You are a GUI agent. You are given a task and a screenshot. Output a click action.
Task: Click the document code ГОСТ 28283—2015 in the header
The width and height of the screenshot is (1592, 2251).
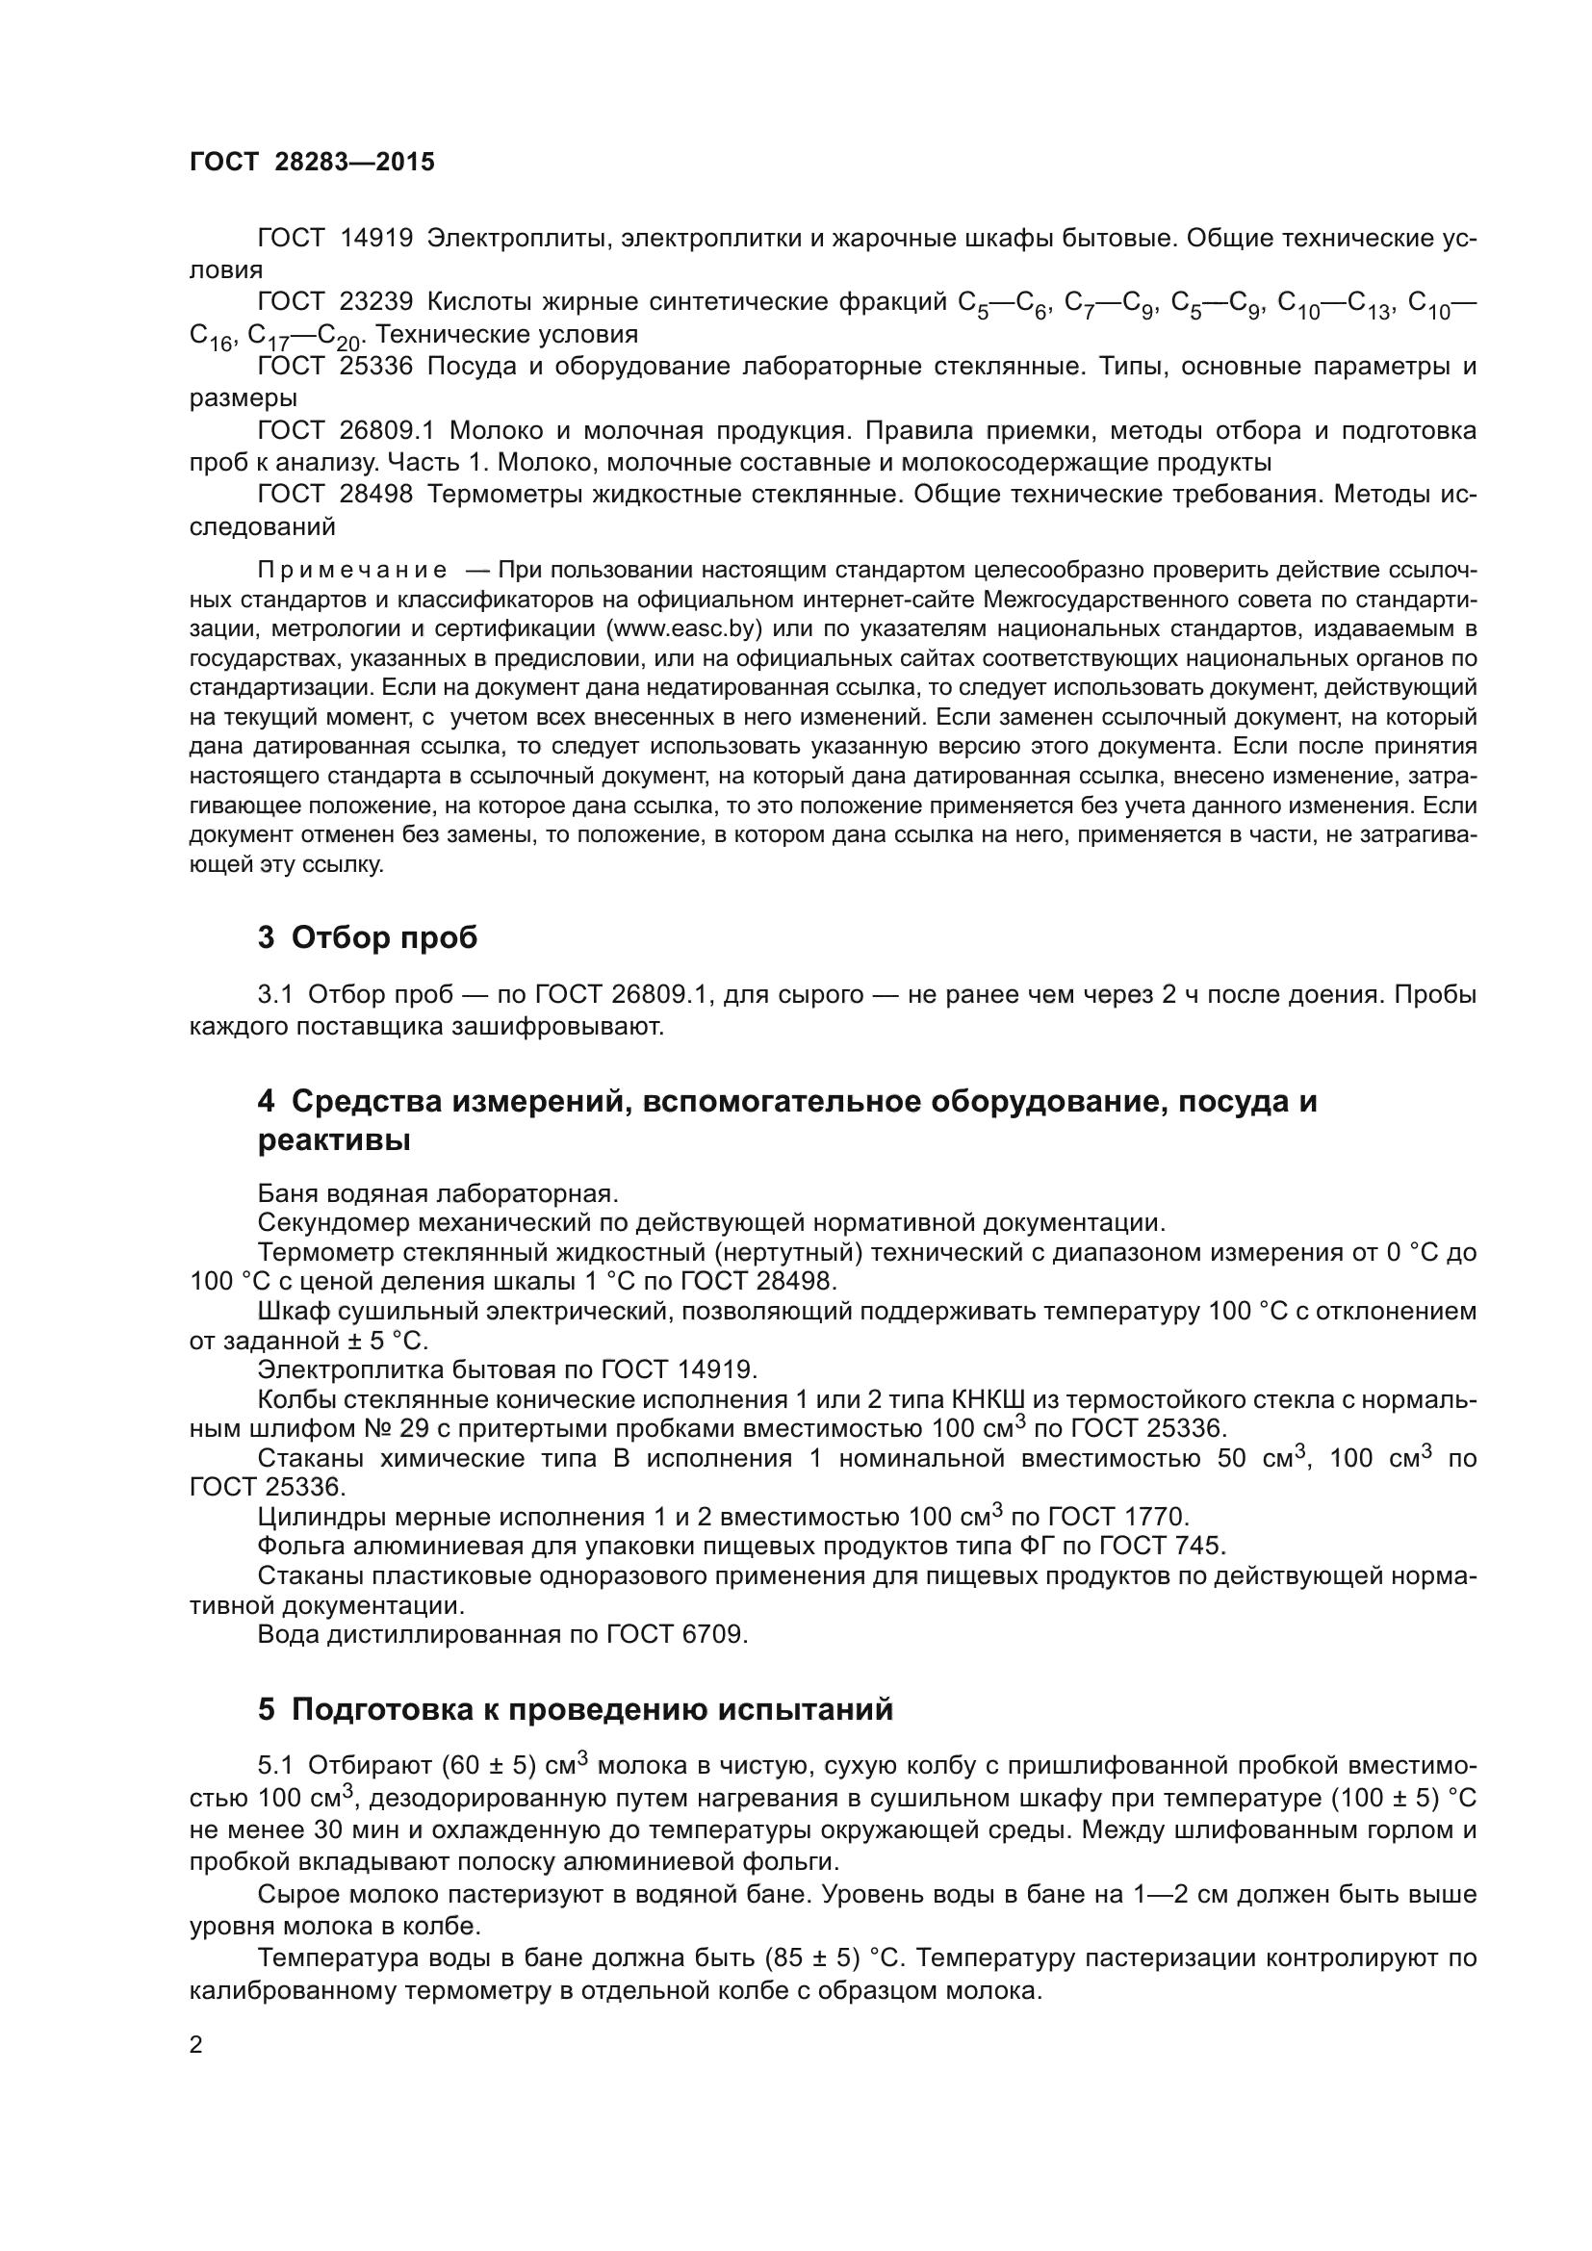[312, 163]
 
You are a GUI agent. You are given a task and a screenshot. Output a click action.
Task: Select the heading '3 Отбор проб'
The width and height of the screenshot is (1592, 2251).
[368, 937]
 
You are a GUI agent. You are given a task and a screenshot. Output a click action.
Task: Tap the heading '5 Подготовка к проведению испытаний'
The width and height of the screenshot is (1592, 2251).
[576, 1709]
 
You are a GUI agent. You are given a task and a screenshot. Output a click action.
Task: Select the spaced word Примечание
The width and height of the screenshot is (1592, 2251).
[352, 570]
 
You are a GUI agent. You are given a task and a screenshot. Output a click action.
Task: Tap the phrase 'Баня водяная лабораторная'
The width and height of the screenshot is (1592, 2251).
[436, 1193]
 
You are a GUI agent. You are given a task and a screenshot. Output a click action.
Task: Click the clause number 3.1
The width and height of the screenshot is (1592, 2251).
[275, 995]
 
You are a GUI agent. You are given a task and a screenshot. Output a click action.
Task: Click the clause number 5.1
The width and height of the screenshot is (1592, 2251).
[275, 1766]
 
